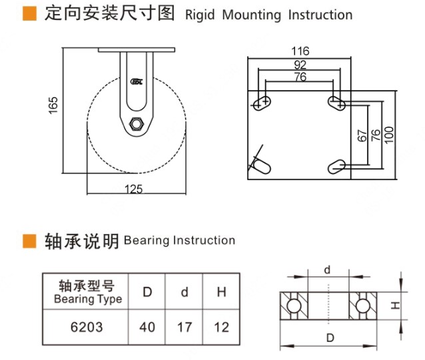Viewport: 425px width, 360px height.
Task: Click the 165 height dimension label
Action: tap(54, 105)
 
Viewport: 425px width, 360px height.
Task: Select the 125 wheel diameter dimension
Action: tap(134, 189)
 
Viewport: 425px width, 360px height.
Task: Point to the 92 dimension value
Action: tap(300, 65)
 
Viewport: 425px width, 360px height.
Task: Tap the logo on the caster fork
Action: tap(137, 82)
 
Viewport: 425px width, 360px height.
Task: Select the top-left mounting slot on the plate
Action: tap(264, 103)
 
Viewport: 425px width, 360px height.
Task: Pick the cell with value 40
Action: tap(147, 327)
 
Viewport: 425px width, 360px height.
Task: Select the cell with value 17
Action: tap(185, 327)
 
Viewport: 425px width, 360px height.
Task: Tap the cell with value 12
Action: tap(222, 327)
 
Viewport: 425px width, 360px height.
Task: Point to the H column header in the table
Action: tap(222, 292)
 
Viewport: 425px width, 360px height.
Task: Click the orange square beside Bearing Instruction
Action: tap(30, 240)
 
